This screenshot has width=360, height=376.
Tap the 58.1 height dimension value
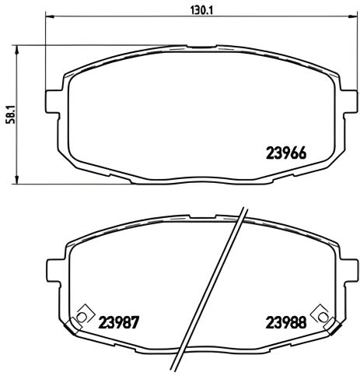(9, 114)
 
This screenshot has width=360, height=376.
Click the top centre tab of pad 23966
(199, 48)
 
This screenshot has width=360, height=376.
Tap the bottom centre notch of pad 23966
(199, 181)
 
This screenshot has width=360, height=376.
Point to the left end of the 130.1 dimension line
(47, 16)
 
